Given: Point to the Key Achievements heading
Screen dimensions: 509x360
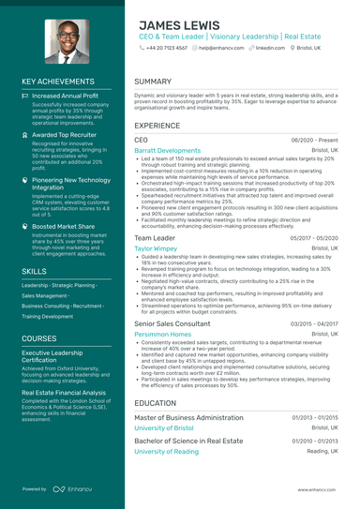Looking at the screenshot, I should coord(59,82).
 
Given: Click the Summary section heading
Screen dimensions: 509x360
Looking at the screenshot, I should coord(153,82).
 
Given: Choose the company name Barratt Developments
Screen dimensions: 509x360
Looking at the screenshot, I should coord(167,150).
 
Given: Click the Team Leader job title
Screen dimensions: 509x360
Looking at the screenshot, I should coord(155,238).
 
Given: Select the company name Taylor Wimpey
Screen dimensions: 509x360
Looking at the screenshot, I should coord(157,248).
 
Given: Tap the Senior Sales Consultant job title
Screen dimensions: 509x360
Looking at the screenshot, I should coord(172,322).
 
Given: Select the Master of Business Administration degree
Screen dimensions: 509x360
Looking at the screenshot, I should coord(188,416).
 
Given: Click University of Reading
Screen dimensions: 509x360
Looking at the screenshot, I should coord(166,451).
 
